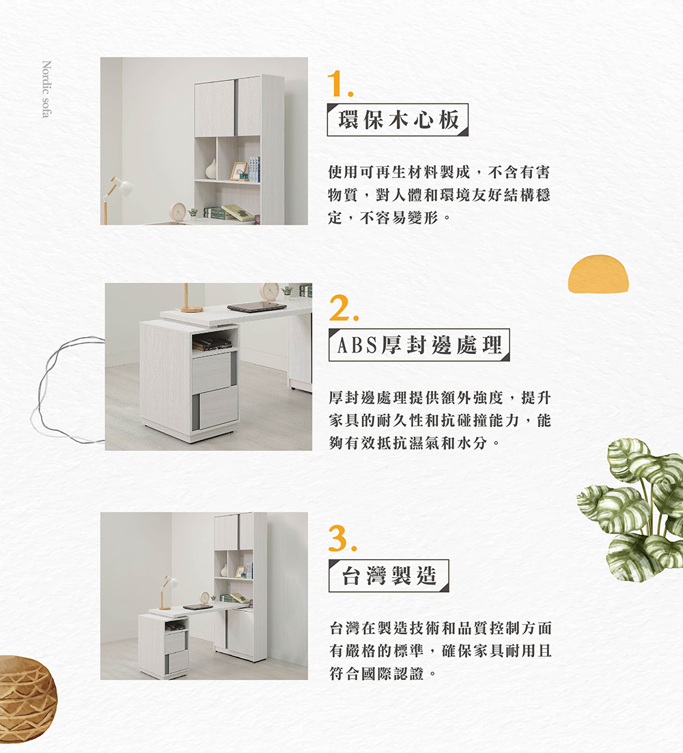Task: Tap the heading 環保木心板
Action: tap(398, 120)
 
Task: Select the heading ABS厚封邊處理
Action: tap(419, 346)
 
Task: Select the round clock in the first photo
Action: tap(178, 211)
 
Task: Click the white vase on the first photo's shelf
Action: tap(212, 169)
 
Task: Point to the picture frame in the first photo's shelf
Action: tap(238, 171)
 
